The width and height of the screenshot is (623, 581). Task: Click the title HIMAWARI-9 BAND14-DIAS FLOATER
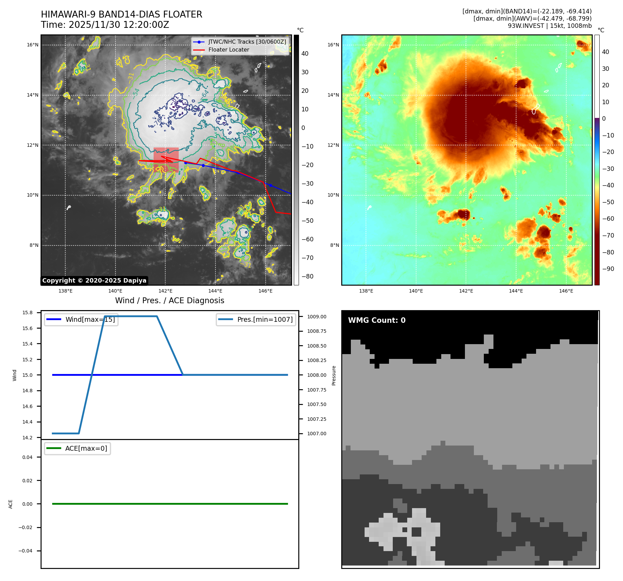pos(121,14)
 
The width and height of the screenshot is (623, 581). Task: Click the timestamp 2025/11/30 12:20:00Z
pos(119,25)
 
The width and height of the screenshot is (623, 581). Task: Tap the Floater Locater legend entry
pos(229,50)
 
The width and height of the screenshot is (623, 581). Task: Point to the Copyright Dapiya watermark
pos(94,281)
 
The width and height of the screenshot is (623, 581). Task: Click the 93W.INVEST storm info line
pos(549,26)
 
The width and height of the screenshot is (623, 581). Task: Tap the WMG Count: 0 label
pos(377,320)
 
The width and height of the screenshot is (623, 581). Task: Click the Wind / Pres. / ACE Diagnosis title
pos(169,300)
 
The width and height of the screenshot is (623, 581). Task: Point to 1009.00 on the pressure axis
pos(316,317)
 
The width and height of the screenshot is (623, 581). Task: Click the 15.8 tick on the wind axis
pos(27,313)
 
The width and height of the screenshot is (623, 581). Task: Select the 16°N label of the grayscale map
pos(33,45)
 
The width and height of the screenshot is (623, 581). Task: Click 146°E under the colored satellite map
pos(566,291)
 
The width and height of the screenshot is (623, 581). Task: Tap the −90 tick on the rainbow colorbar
pos(608,269)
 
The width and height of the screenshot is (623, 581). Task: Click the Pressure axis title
pos(334,375)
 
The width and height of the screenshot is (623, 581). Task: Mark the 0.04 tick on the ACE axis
pos(27,457)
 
